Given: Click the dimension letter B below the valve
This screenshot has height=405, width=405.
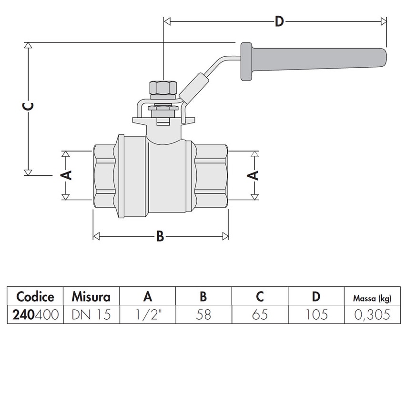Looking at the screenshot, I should (160, 236).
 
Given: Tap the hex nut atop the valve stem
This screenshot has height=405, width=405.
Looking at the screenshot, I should (163, 89).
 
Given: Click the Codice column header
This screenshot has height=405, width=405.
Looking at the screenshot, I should (35, 297).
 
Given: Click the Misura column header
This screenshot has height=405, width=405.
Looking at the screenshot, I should (91, 297).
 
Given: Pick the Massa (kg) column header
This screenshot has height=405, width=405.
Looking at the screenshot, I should (372, 298).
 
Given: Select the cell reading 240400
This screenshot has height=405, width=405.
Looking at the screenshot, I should (35, 314).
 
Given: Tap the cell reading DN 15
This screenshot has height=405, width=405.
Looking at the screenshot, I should (91, 314).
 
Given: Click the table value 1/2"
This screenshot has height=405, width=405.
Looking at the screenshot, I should (148, 314).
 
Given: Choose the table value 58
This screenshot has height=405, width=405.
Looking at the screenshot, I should (203, 314).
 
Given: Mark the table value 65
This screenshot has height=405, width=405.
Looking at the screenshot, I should (260, 314).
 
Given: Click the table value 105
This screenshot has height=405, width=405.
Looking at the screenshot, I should (316, 314).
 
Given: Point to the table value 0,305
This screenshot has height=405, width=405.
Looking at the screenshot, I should (372, 314).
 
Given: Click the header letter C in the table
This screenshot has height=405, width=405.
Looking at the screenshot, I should (260, 297).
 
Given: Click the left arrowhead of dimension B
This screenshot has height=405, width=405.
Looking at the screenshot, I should (96, 236).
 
